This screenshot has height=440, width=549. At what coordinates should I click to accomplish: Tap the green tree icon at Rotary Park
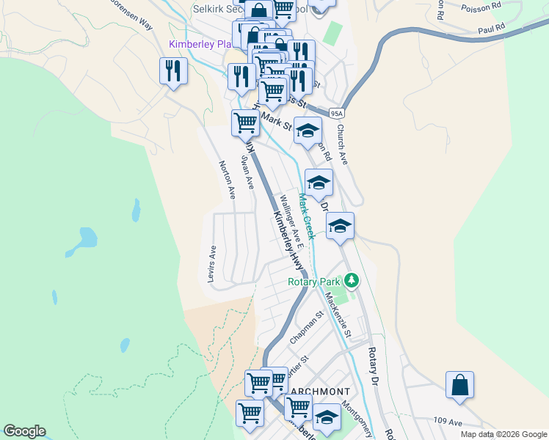point(352,280)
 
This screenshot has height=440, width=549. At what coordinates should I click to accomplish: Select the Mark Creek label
point(307,216)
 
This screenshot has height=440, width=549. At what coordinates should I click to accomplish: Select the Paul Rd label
point(492,29)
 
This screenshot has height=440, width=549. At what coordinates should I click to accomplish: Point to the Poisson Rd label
point(481,7)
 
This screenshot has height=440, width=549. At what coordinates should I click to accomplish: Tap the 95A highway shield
point(337,113)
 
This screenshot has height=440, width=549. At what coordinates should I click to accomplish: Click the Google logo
point(24,431)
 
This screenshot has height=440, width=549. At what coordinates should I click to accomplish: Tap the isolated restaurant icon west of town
point(173,71)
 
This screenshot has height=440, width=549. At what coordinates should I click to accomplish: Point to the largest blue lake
point(87,238)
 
